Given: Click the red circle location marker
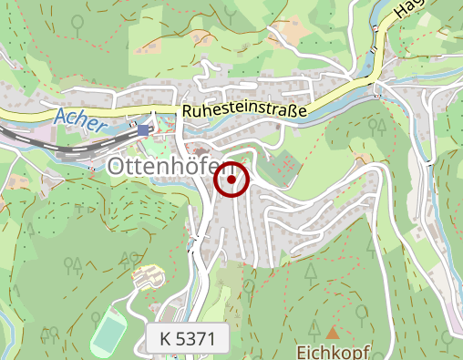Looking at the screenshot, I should (x=231, y=180).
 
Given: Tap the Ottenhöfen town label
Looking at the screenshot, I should (x=171, y=166).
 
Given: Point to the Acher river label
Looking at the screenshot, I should (x=81, y=117).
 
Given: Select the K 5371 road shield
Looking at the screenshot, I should (x=187, y=339).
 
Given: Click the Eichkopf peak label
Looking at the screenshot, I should (x=333, y=350).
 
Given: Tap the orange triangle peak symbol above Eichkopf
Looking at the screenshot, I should (x=332, y=333).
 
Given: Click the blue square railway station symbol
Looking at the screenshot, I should (x=144, y=130).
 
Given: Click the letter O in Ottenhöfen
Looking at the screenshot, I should (x=117, y=166).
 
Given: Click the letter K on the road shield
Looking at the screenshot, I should (x=165, y=339).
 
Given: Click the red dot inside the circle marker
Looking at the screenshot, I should (x=231, y=180).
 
